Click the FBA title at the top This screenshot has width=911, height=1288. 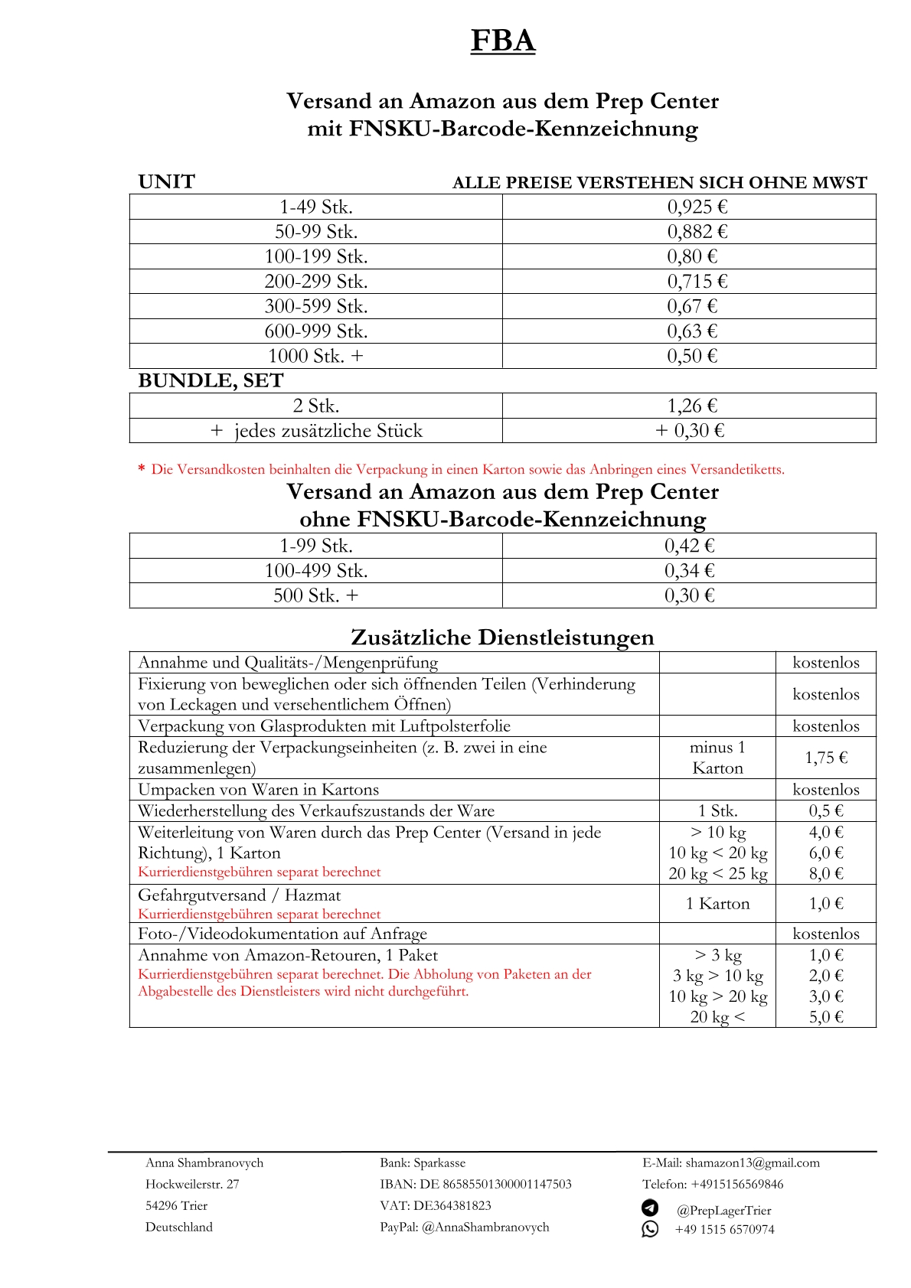(x=502, y=40)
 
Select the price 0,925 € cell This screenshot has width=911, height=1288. (x=697, y=207)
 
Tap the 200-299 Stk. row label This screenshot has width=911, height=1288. (x=315, y=281)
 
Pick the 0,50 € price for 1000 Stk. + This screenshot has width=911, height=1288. (x=692, y=356)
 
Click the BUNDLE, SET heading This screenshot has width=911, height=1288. (x=211, y=380)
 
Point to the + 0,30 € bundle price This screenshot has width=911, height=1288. (x=689, y=430)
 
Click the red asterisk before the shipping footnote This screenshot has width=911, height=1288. (x=142, y=469)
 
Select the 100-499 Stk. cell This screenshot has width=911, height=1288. (x=315, y=570)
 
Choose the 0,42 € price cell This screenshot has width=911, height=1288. (x=689, y=546)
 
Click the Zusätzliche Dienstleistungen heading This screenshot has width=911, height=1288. (x=502, y=637)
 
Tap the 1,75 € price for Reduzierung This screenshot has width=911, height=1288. (x=826, y=758)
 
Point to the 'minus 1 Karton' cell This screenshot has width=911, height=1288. (x=717, y=758)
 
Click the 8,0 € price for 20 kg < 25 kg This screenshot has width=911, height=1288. (x=826, y=873)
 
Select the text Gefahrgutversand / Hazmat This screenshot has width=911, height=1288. (x=239, y=895)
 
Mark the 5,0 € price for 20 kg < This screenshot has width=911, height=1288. (x=826, y=1016)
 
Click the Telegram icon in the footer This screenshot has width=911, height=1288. (x=650, y=1208)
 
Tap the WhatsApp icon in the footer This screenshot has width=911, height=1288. (x=650, y=1228)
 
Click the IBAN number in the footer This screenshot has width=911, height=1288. (x=507, y=1184)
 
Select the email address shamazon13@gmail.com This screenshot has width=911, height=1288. (x=753, y=1162)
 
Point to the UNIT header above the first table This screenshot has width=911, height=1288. (x=166, y=181)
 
